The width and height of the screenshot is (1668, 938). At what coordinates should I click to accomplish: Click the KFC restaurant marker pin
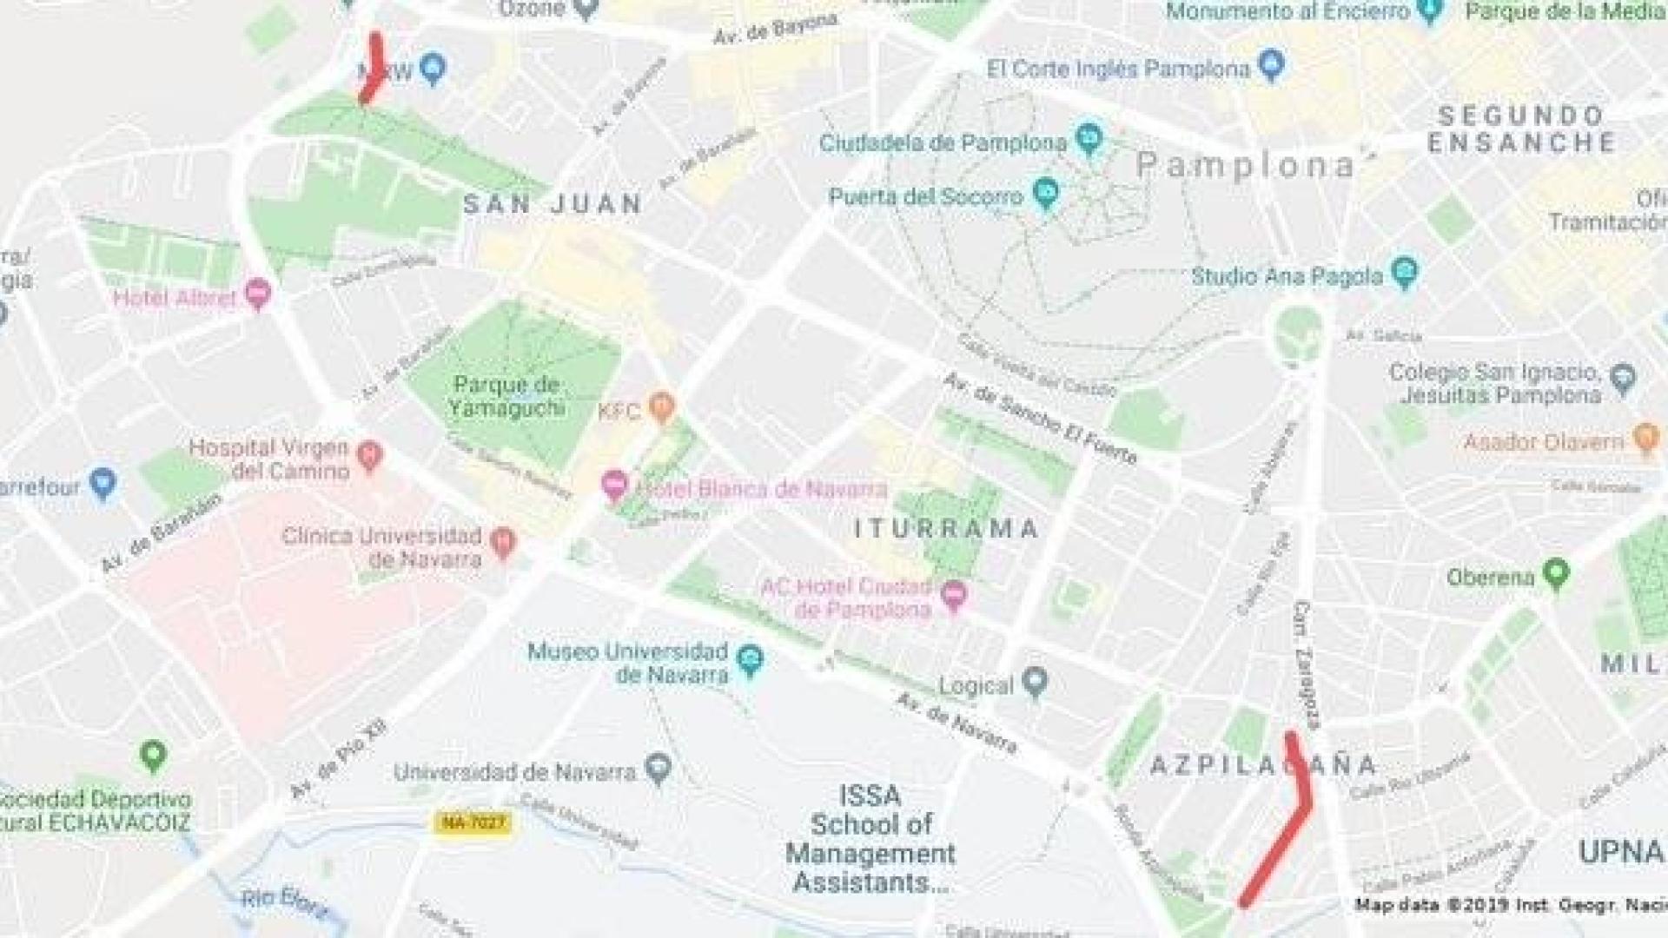point(662,406)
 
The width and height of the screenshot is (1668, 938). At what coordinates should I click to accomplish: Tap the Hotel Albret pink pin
point(258,294)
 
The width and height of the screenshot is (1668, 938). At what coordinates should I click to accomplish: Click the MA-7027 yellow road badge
point(473,822)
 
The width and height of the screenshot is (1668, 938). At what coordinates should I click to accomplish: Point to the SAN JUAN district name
point(553,205)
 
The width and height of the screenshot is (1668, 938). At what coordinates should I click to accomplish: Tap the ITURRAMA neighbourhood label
point(946,528)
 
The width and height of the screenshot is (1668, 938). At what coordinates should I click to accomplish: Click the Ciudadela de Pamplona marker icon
point(1088,138)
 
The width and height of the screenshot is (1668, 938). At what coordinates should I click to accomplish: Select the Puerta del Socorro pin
point(1046,194)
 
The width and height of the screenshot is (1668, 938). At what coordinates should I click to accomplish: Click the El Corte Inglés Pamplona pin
point(1271,65)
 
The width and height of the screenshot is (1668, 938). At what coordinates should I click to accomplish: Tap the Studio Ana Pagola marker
point(1404,274)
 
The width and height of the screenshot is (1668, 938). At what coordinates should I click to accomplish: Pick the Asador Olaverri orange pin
point(1645,439)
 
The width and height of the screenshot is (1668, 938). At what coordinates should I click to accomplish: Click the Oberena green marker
point(1556,573)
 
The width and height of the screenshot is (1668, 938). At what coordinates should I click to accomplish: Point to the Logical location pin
point(1034,683)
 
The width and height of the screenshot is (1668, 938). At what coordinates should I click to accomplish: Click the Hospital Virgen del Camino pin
point(370,454)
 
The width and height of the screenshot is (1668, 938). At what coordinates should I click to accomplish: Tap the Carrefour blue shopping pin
point(103,484)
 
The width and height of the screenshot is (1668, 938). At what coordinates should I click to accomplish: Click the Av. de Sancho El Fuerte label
point(1040,419)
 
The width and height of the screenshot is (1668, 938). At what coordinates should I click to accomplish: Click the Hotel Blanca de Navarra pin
point(614,485)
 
